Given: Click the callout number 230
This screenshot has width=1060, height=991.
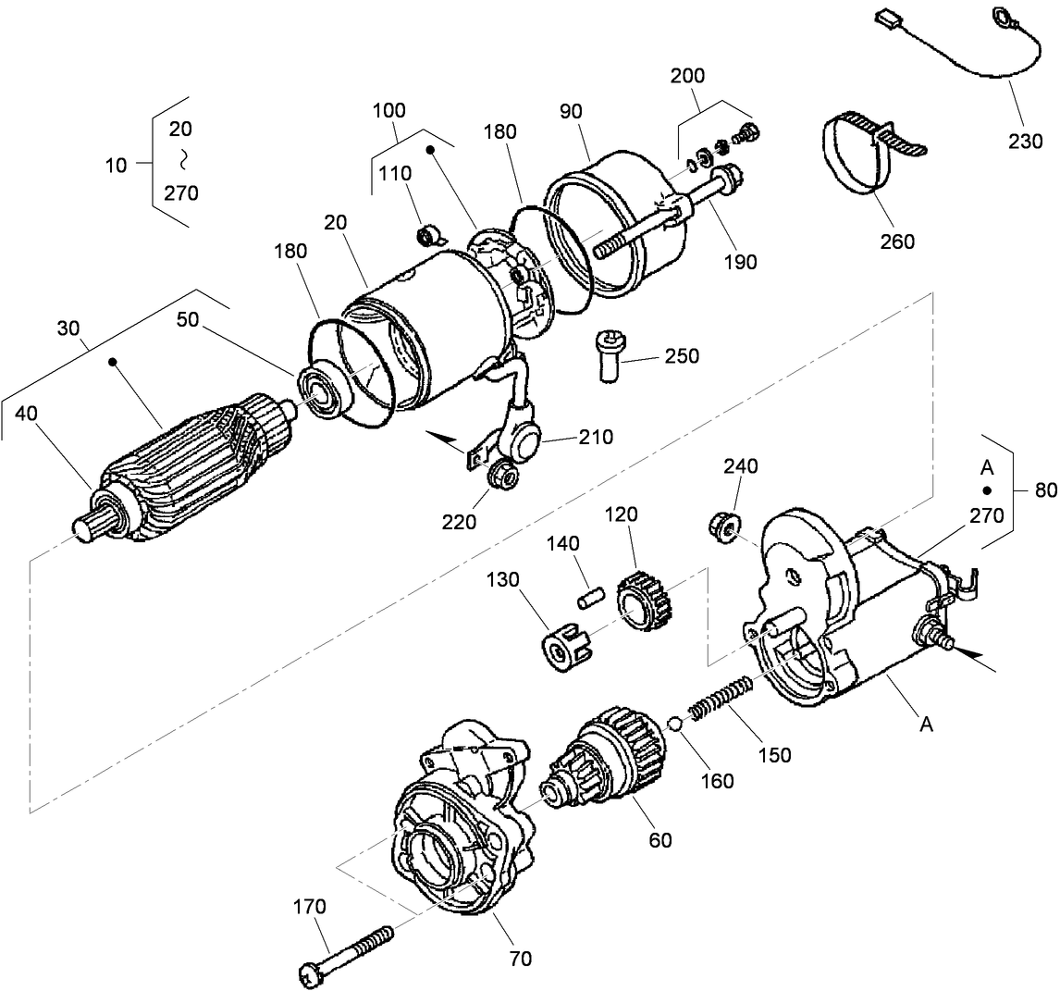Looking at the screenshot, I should tap(1025, 141).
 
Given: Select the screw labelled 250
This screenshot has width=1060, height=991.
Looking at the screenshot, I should tap(610, 356).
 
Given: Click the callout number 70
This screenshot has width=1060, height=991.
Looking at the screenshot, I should tap(521, 959).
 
